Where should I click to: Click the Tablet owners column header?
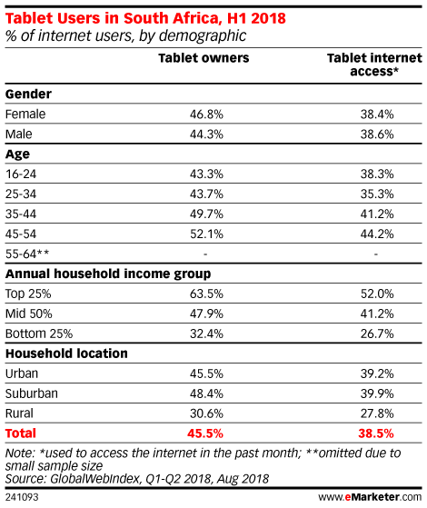click(x=204, y=58)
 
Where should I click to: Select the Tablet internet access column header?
click(x=374, y=65)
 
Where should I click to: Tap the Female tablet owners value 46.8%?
click(x=206, y=114)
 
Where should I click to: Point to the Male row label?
click(x=19, y=134)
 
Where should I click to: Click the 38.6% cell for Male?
click(x=377, y=134)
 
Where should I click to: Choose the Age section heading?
click(x=17, y=154)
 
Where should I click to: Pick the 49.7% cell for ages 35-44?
click(x=206, y=214)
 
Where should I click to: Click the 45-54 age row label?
click(x=21, y=234)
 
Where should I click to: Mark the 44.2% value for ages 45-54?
click(x=377, y=234)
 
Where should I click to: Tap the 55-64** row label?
click(x=27, y=254)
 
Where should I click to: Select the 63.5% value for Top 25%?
click(x=206, y=294)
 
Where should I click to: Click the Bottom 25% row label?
click(x=39, y=334)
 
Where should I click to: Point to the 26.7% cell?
click(x=377, y=334)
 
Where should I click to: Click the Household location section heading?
click(x=66, y=354)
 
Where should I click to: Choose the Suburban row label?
click(x=32, y=393)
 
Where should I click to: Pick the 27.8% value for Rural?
click(x=377, y=413)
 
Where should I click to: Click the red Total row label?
click(x=21, y=433)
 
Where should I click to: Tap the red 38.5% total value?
click(x=376, y=433)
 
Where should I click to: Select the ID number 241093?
click(x=22, y=497)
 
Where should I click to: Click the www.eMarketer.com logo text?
click(x=370, y=497)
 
